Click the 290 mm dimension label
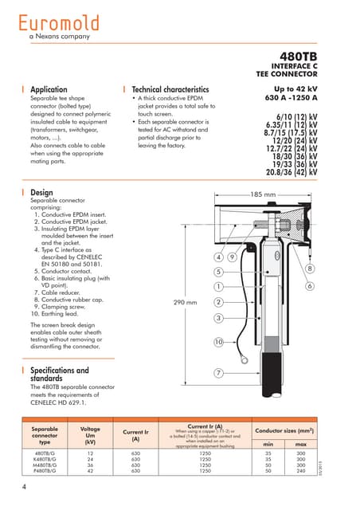185,302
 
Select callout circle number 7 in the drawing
218,373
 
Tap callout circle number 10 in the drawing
218,342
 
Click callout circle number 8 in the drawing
310,269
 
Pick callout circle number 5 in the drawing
218,272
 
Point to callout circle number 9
232,257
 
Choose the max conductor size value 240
301,471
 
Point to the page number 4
24,486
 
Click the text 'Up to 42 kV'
295,89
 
